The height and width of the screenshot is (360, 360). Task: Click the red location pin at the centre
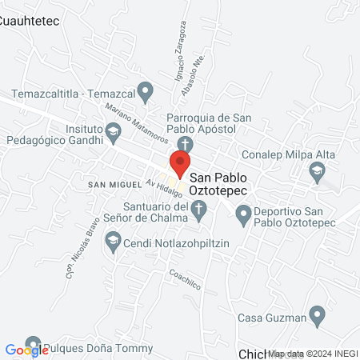coord(180,164)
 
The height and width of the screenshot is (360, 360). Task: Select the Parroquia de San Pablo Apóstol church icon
coord(185,145)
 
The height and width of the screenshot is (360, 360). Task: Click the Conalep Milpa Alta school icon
coord(318,170)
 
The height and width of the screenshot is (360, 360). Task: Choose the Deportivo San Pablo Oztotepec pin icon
coord(242,212)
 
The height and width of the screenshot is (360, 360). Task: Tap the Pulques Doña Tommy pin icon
coord(33,344)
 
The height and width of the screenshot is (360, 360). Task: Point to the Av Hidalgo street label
coord(161,188)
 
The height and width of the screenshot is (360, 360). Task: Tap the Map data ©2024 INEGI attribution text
coord(313,353)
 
